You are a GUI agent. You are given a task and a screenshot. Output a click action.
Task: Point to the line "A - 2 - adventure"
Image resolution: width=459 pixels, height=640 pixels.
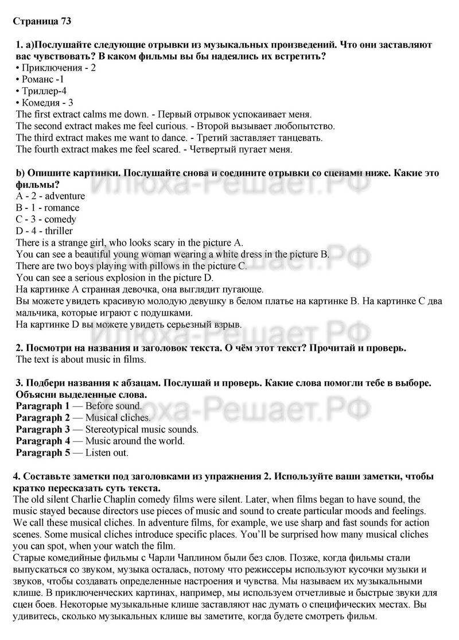(x=50, y=196)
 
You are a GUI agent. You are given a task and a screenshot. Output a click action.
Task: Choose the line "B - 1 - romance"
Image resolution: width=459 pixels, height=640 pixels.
(x=48, y=208)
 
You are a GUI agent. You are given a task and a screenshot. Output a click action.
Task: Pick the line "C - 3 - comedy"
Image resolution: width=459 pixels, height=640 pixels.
(x=46, y=219)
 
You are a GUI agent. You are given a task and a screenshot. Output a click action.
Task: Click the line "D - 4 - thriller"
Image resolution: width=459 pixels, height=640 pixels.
(x=44, y=231)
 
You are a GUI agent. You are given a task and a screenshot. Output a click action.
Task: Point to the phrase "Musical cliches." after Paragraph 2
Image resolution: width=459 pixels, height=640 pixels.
(x=118, y=418)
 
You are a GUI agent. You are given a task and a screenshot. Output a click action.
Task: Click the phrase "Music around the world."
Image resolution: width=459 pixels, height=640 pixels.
(x=135, y=441)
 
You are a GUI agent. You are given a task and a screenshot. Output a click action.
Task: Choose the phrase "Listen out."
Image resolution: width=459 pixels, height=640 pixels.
(x=107, y=452)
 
